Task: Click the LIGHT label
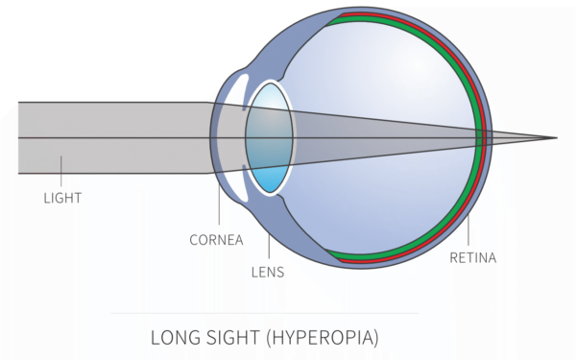coord(62,199)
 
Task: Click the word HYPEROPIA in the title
coord(323,338)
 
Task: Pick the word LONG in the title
coord(175,338)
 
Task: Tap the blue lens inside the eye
coord(267,138)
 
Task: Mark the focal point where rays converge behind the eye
coord(556,138)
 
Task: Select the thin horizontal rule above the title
coord(265,313)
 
